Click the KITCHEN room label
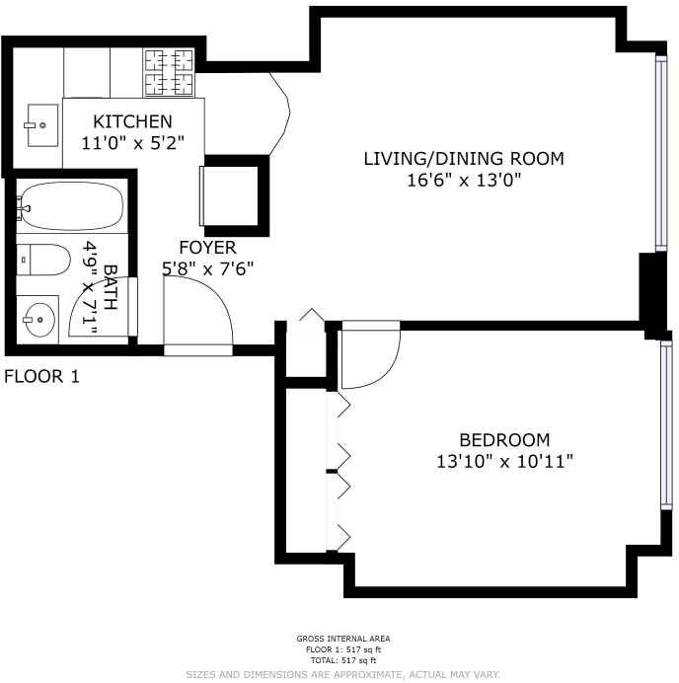(x=132, y=121)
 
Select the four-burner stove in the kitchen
(x=169, y=71)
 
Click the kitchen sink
(x=42, y=126)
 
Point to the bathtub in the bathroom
(x=71, y=206)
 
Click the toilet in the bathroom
(x=45, y=261)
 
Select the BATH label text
(x=110, y=287)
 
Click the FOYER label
(x=207, y=247)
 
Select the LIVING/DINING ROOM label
(x=463, y=158)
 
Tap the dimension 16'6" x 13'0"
(x=463, y=179)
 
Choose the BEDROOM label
(x=504, y=440)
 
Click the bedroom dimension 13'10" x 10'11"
(x=504, y=461)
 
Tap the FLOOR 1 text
(x=41, y=376)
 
